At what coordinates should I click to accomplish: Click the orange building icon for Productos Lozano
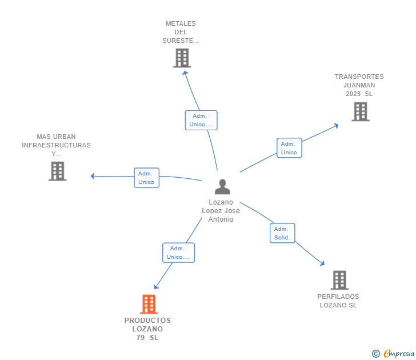[149, 304]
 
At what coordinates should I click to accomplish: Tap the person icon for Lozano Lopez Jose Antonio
[222, 187]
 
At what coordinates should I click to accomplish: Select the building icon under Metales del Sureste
[182, 58]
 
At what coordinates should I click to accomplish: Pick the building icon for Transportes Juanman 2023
[361, 111]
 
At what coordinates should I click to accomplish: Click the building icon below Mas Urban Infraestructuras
[58, 171]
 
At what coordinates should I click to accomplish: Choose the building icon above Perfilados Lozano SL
[339, 280]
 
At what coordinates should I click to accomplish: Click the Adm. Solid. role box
[282, 233]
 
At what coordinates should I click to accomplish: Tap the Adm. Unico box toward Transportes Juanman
[289, 148]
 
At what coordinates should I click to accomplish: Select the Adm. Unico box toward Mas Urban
[146, 178]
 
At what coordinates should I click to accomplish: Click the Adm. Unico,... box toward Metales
[201, 120]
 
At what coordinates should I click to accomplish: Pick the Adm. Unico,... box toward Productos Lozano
[178, 253]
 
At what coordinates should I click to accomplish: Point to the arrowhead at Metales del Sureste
[185, 73]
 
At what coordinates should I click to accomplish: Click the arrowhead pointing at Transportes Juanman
[336, 126]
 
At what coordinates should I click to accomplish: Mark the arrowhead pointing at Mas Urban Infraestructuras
[93, 176]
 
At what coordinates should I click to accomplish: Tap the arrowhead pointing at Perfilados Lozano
[322, 263]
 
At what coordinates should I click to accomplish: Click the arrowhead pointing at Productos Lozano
[156, 286]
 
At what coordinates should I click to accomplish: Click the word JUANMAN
[359, 85]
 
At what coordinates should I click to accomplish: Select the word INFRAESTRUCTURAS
[56, 145]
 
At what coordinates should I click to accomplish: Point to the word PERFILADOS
[338, 297]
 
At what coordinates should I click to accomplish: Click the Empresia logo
[393, 353]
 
